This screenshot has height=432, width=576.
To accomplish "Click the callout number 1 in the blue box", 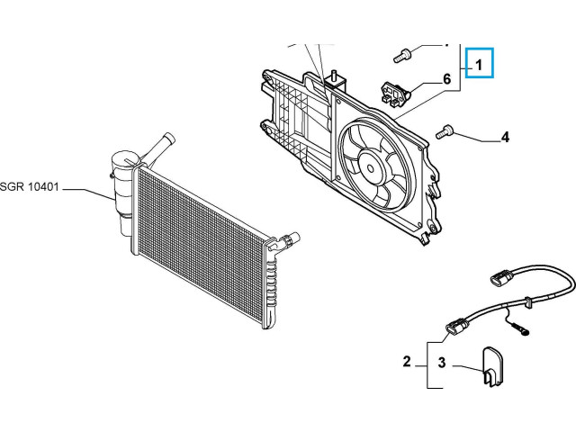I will [480, 64].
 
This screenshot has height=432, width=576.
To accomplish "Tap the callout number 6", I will [445, 79].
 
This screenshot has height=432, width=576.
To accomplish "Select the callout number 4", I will [505, 138].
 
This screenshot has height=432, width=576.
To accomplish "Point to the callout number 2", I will [407, 362].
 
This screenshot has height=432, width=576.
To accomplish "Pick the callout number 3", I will [442, 363].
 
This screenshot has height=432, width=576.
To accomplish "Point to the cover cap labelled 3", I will [492, 364].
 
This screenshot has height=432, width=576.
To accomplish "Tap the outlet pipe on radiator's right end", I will [286, 240].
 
